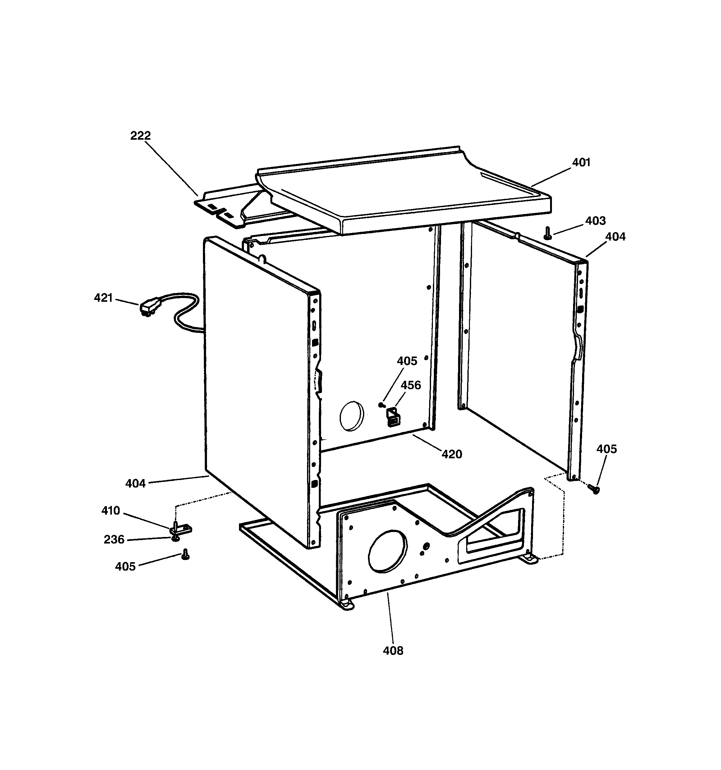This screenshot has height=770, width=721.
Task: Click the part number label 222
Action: tap(140, 136)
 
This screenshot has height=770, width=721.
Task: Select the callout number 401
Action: tap(581, 162)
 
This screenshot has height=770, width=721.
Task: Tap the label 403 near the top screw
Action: tap(595, 221)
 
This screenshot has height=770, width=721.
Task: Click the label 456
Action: tap(411, 385)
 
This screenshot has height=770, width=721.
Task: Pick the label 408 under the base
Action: tap(393, 651)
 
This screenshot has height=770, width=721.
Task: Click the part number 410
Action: tap(111, 511)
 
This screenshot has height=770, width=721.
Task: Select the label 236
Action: tap(114, 539)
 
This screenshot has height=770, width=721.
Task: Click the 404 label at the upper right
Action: tap(615, 237)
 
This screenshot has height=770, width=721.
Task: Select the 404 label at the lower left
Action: tap(135, 483)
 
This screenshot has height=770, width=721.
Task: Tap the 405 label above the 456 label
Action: tap(407, 361)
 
